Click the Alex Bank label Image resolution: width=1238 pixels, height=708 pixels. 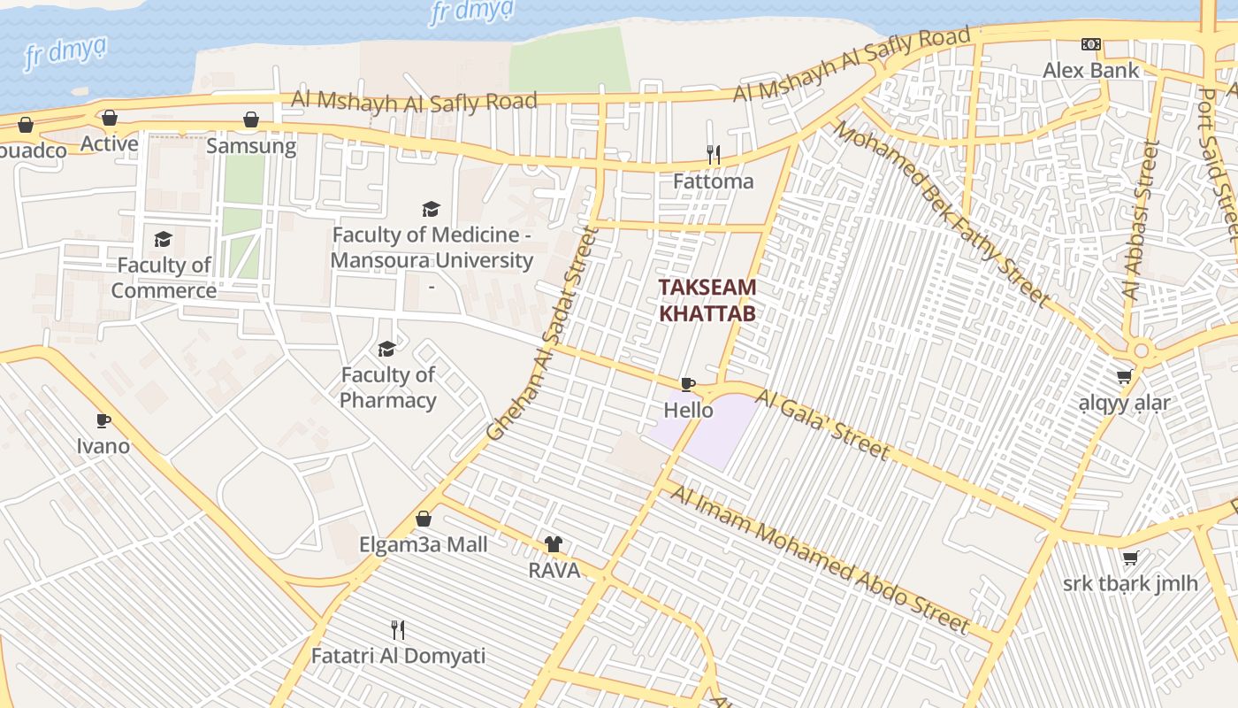(1090, 70)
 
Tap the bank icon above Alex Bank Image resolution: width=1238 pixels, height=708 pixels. (1091, 44)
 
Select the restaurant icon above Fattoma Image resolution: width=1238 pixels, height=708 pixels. (713, 156)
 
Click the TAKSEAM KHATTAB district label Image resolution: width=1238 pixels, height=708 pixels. (707, 300)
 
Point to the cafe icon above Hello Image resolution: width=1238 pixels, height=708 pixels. (688, 384)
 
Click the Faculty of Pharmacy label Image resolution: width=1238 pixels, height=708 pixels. (387, 388)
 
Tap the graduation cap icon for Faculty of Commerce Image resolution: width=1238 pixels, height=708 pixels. (164, 239)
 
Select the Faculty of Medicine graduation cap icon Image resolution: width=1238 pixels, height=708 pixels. (431, 209)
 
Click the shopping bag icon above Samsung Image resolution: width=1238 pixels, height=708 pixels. (251, 119)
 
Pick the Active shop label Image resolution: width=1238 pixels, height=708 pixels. (110, 143)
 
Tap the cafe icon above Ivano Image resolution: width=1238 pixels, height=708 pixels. (103, 420)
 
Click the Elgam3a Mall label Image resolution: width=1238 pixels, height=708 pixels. (423, 544)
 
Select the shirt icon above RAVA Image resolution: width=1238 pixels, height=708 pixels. (554, 544)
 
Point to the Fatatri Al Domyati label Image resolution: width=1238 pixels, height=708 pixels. (398, 657)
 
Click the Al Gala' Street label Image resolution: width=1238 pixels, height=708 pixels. (822, 426)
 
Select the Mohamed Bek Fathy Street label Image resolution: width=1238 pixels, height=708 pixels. (942, 215)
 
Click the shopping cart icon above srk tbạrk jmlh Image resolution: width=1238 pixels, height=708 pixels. (1130, 558)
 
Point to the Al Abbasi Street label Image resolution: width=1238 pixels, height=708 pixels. (1139, 221)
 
